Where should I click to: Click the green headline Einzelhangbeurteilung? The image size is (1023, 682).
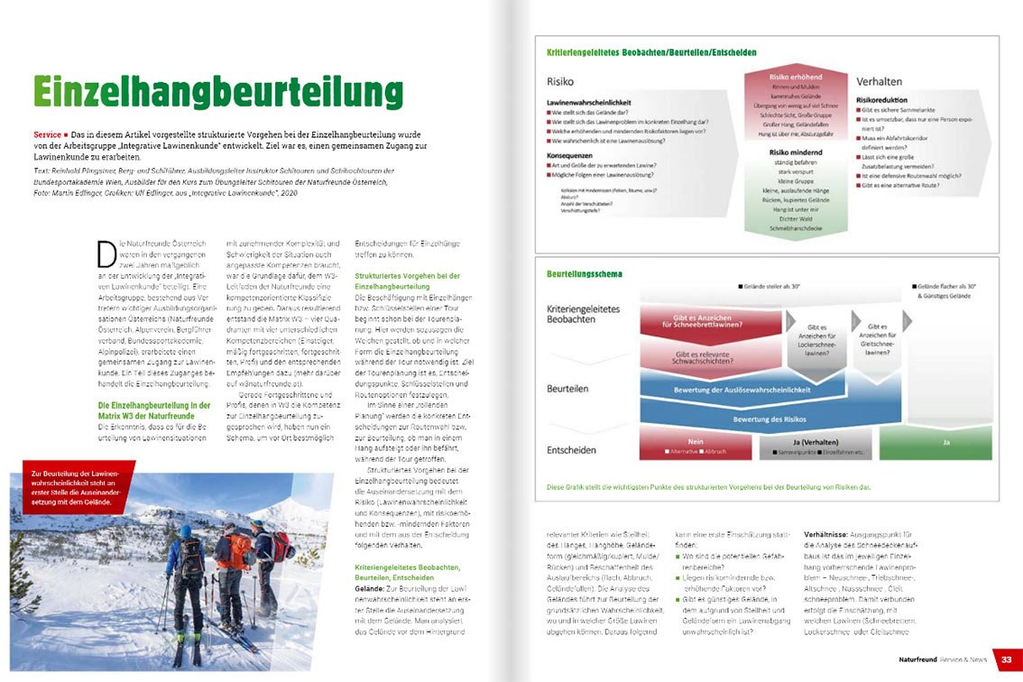217,92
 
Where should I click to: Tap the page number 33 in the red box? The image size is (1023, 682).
1006,659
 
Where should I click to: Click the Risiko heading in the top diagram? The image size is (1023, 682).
560,82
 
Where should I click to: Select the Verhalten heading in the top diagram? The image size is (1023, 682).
879,81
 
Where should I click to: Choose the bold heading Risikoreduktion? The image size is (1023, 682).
881,100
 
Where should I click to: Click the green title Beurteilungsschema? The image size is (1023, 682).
584,272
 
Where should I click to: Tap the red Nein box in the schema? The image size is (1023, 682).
696,444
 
